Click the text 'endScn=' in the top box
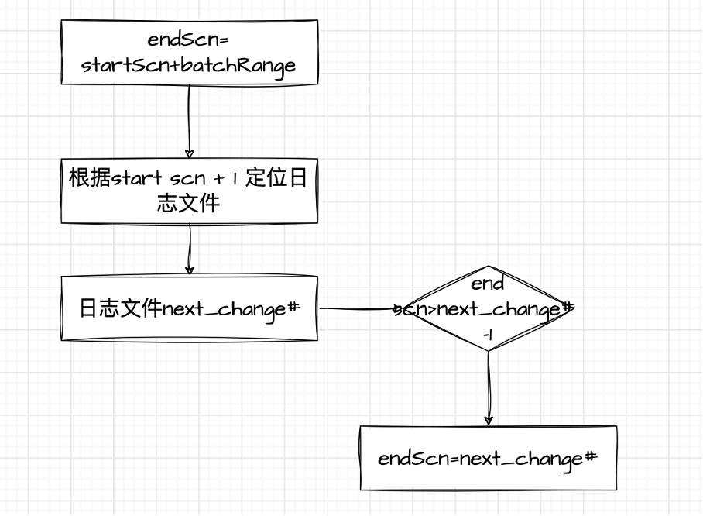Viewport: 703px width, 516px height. pyautogui.click(x=188, y=40)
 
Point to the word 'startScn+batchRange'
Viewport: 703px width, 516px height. pyautogui.click(x=188, y=66)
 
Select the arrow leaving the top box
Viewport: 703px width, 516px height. pyautogui.click(x=188, y=116)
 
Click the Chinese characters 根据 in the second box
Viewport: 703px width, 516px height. pyautogui.click(x=86, y=179)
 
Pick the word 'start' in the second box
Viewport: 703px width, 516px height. pyautogui.click(x=138, y=180)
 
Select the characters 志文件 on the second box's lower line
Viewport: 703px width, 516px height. pyautogui.click(x=189, y=204)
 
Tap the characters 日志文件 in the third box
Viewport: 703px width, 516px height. pyautogui.click(x=120, y=308)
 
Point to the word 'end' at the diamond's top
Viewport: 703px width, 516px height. pyautogui.click(x=487, y=284)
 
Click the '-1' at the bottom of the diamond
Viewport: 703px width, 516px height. pyautogui.click(x=487, y=334)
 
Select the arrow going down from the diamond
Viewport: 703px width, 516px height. pyautogui.click(x=488, y=384)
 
